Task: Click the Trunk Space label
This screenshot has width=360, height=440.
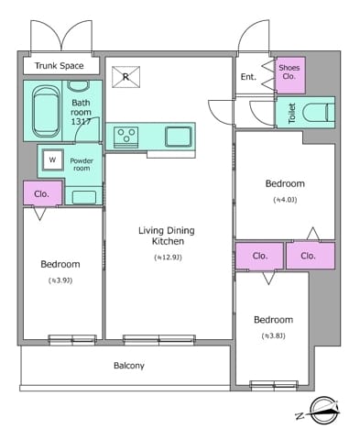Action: pyautogui.click(x=59, y=66)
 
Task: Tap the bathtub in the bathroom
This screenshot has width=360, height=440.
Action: pyautogui.click(x=46, y=111)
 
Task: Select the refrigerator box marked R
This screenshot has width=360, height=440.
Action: pyautogui.click(x=125, y=77)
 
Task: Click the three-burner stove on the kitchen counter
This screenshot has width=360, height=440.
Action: pyautogui.click(x=126, y=137)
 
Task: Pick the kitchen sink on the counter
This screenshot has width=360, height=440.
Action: pyautogui.click(x=179, y=137)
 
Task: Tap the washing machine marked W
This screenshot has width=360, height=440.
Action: pyautogui.click(x=52, y=159)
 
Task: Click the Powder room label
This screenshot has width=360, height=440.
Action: pyautogui.click(x=82, y=164)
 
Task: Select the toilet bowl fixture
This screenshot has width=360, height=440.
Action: pyautogui.click(x=318, y=113)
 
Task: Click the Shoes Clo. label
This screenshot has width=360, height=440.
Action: pyautogui.click(x=289, y=71)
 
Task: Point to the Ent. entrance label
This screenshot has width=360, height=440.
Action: pyautogui.click(x=248, y=77)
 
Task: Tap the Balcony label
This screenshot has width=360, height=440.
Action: pyautogui.click(x=129, y=366)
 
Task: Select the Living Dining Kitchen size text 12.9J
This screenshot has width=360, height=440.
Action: pyautogui.click(x=168, y=258)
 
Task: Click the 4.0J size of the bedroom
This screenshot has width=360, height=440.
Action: pyautogui.click(x=285, y=200)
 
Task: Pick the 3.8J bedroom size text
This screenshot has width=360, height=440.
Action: pyautogui.click(x=274, y=336)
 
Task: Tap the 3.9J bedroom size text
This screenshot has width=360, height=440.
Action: pyautogui.click(x=60, y=280)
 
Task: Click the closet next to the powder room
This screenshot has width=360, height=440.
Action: pyautogui.click(x=43, y=193)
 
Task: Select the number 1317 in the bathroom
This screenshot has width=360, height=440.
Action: pyautogui.click(x=81, y=122)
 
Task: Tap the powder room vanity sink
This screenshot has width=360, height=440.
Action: pyautogui.click(x=84, y=197)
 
